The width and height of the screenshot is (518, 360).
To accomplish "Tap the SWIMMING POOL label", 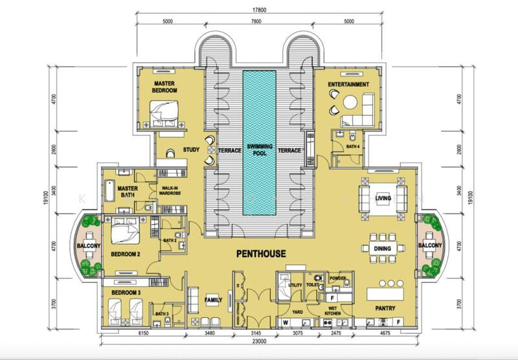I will coord(258,150).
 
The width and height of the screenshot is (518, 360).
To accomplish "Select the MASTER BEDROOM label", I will coord(165,87).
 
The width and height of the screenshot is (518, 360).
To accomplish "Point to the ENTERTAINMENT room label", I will coord(348,84).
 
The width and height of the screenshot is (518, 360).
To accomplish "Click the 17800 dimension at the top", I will coord(258,9).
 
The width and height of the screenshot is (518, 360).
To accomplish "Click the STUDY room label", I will coord(191,150).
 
